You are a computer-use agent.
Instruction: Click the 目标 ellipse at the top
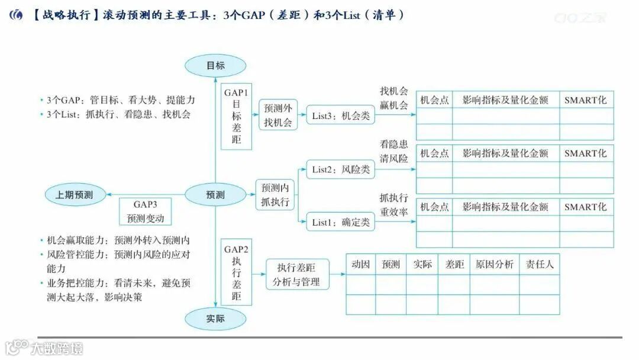tap(215, 66)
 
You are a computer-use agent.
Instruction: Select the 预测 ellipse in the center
tap(215, 194)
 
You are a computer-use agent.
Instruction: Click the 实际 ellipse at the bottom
tap(215, 319)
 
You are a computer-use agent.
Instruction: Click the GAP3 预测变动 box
tap(145, 211)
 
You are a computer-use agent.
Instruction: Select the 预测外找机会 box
tap(278, 115)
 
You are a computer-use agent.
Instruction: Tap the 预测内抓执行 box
tap(275, 195)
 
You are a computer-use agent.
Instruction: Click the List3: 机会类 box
tap(341, 116)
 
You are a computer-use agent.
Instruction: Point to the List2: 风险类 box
tap(341, 170)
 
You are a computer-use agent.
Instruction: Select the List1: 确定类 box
tap(341, 222)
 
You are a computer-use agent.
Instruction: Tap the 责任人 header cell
tap(540, 265)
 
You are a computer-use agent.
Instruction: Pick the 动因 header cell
tap(360, 265)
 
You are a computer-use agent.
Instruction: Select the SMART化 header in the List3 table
tap(586, 100)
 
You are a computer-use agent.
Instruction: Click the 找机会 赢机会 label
tap(394, 98)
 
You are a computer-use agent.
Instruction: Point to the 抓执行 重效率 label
tap(394, 205)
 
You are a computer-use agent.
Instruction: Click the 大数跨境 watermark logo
tap(44, 348)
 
